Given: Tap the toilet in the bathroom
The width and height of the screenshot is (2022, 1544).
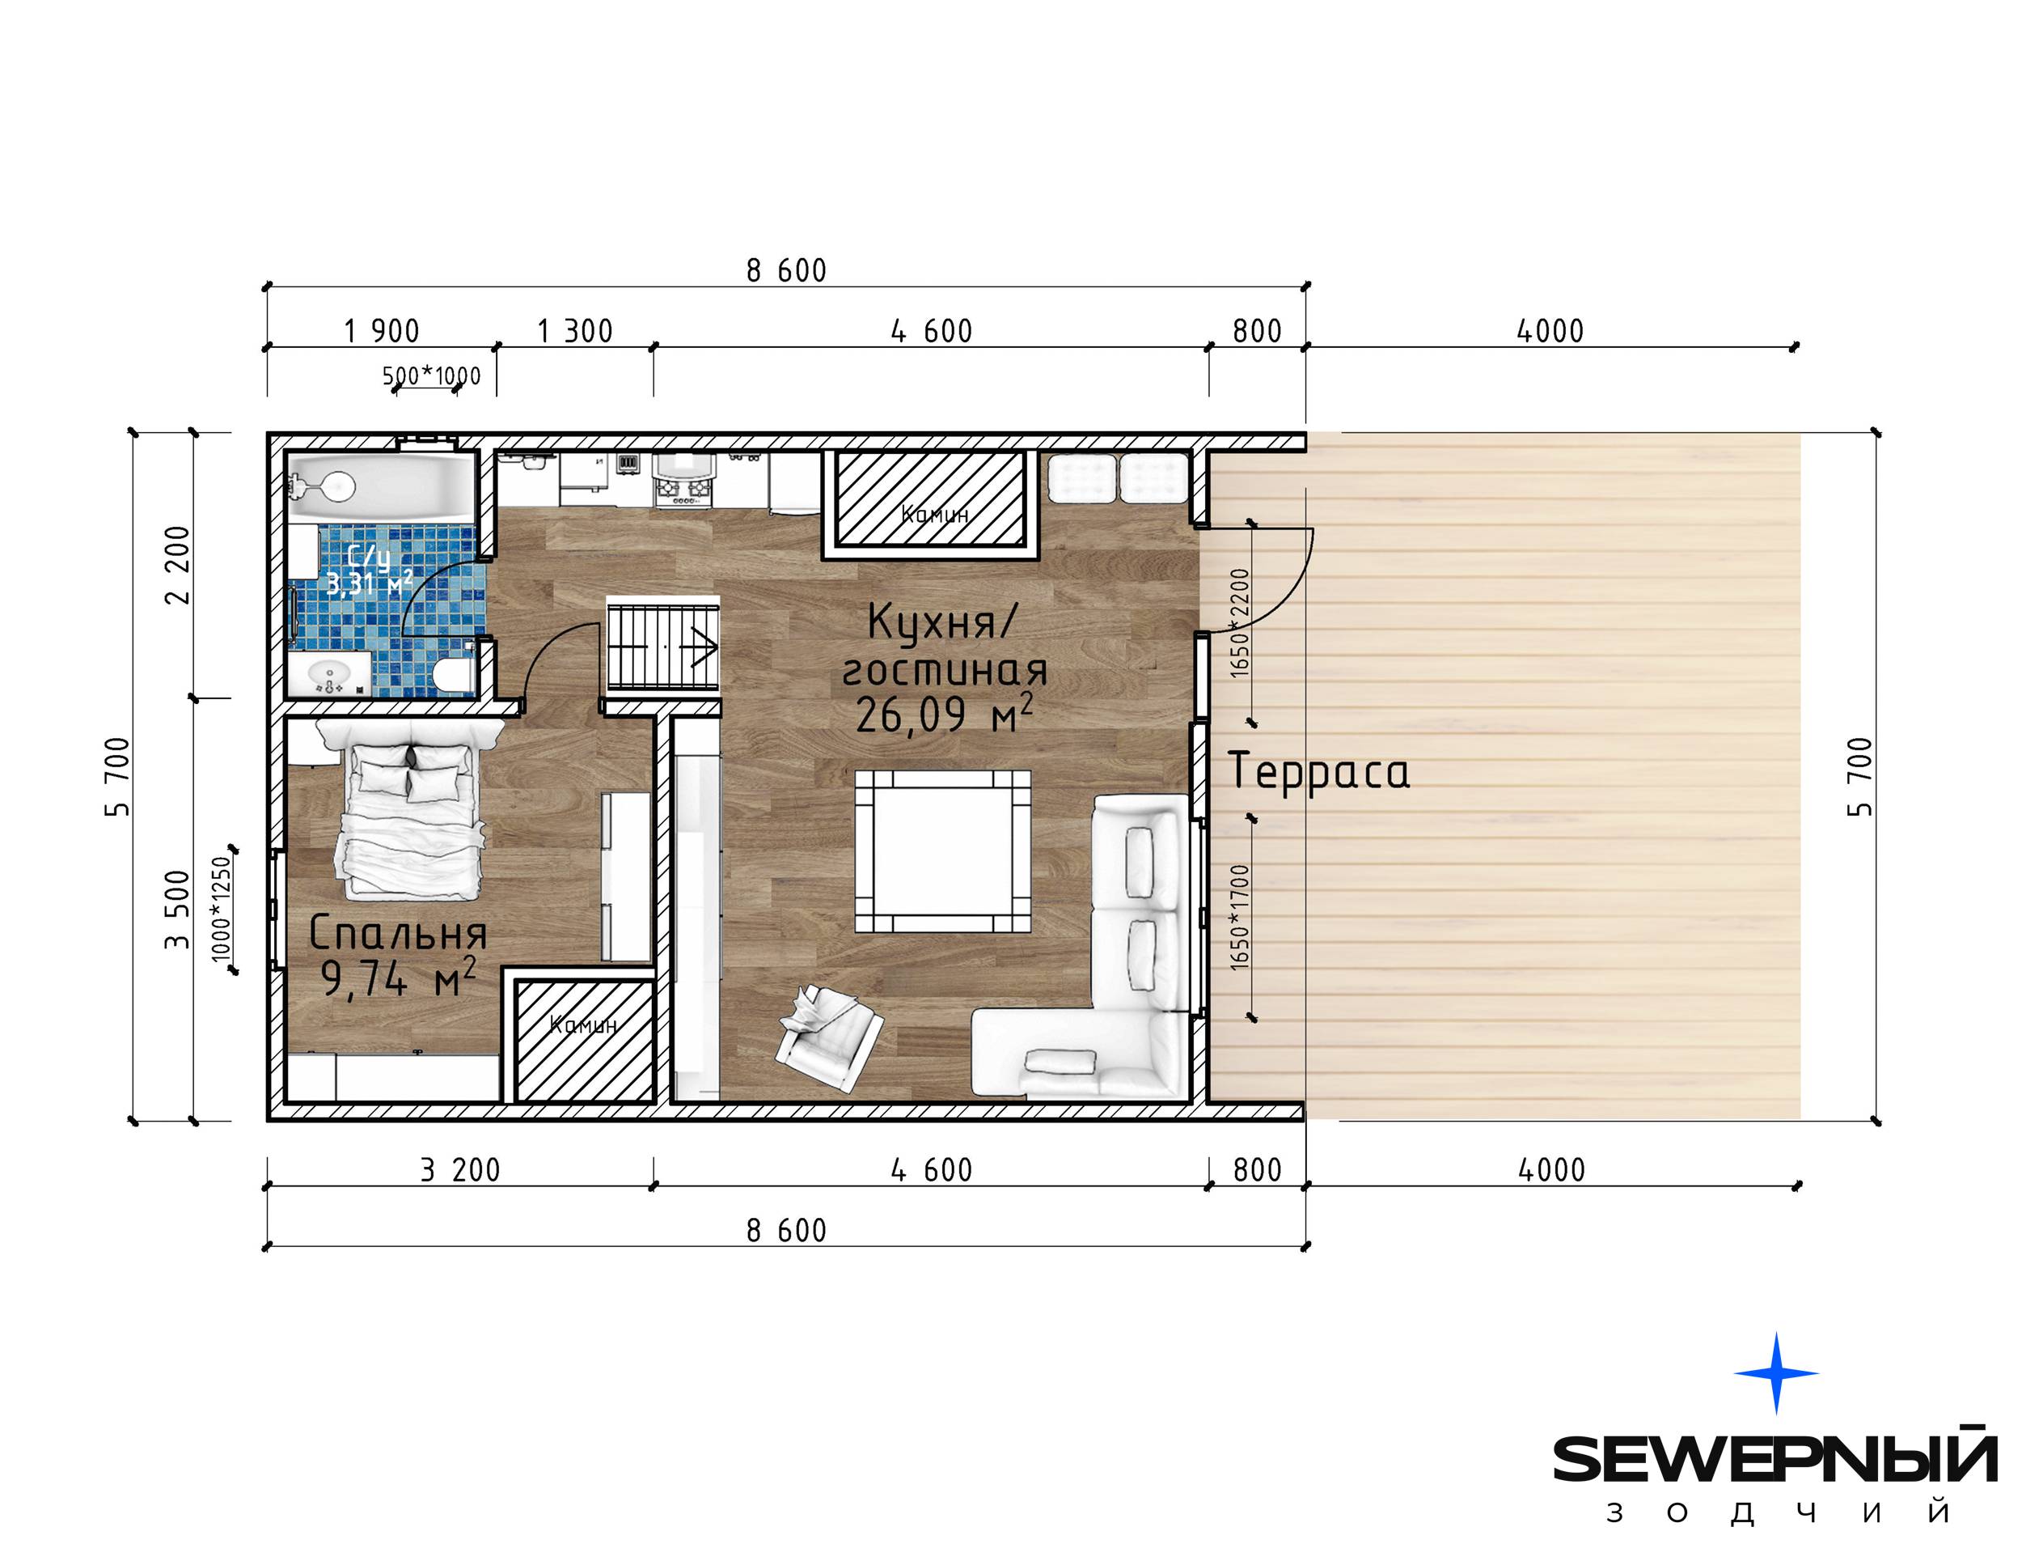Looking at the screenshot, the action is pyautogui.click(x=451, y=676).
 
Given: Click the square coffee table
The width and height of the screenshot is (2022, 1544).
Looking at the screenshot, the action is pyautogui.click(x=942, y=851).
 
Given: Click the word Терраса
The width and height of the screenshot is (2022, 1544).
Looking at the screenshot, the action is pyautogui.click(x=1318, y=771).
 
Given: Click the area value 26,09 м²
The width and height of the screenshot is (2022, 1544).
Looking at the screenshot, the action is pyautogui.click(x=945, y=714).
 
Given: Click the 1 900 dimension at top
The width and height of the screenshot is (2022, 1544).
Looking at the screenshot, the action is pyautogui.click(x=381, y=331).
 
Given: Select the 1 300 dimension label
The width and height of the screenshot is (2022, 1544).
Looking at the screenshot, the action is pyautogui.click(x=575, y=331).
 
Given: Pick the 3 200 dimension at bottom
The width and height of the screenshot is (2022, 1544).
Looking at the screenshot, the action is pyautogui.click(x=460, y=1170).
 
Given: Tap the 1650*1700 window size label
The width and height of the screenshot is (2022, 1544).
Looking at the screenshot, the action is pyautogui.click(x=1240, y=917).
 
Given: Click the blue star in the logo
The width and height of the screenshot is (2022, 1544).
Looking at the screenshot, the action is pyautogui.click(x=1776, y=1373).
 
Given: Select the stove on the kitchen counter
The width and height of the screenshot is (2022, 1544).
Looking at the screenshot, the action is pyautogui.click(x=682, y=480).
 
